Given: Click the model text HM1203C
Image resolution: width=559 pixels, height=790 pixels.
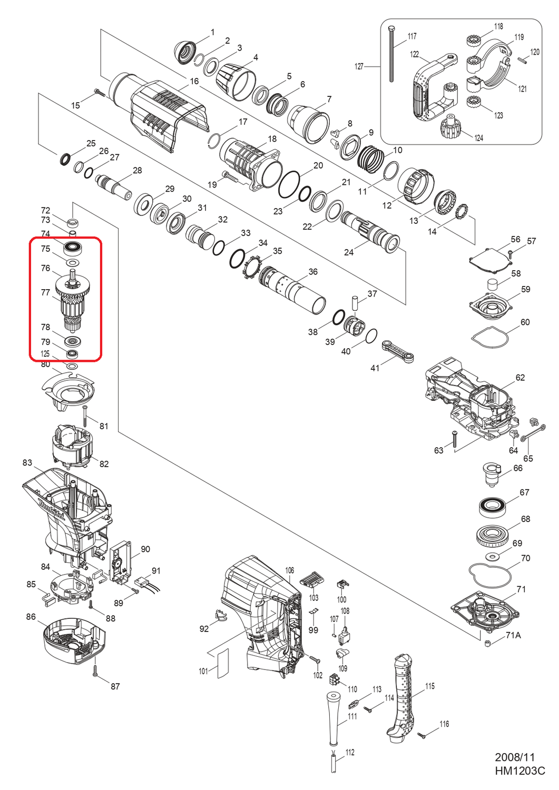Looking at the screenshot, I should click(x=519, y=771).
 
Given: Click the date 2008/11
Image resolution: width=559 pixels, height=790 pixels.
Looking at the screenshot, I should click(x=514, y=757).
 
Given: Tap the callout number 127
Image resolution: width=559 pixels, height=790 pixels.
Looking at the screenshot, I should click(x=359, y=66).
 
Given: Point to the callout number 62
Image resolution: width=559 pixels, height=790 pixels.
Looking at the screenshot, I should click(x=520, y=378).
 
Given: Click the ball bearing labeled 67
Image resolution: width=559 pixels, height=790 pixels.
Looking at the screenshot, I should click(x=493, y=506).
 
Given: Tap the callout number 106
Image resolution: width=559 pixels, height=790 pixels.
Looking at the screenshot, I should click(x=290, y=570).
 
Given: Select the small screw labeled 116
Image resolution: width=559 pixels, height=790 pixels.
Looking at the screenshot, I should click(x=421, y=735).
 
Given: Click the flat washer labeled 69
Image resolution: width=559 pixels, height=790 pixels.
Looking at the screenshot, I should click(x=493, y=557).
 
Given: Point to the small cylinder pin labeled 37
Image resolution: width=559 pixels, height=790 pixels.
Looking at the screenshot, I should click(x=355, y=304).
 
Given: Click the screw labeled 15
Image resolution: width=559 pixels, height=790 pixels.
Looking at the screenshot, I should click(x=100, y=93).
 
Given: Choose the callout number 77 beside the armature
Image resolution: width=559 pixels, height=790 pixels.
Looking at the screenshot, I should click(x=46, y=292).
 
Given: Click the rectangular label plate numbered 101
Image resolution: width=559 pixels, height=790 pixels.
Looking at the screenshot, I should click(x=223, y=664).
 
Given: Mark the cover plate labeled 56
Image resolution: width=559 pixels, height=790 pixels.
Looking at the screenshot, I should click(x=489, y=259).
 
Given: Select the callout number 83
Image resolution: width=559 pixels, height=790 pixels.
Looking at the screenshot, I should click(x=27, y=462).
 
